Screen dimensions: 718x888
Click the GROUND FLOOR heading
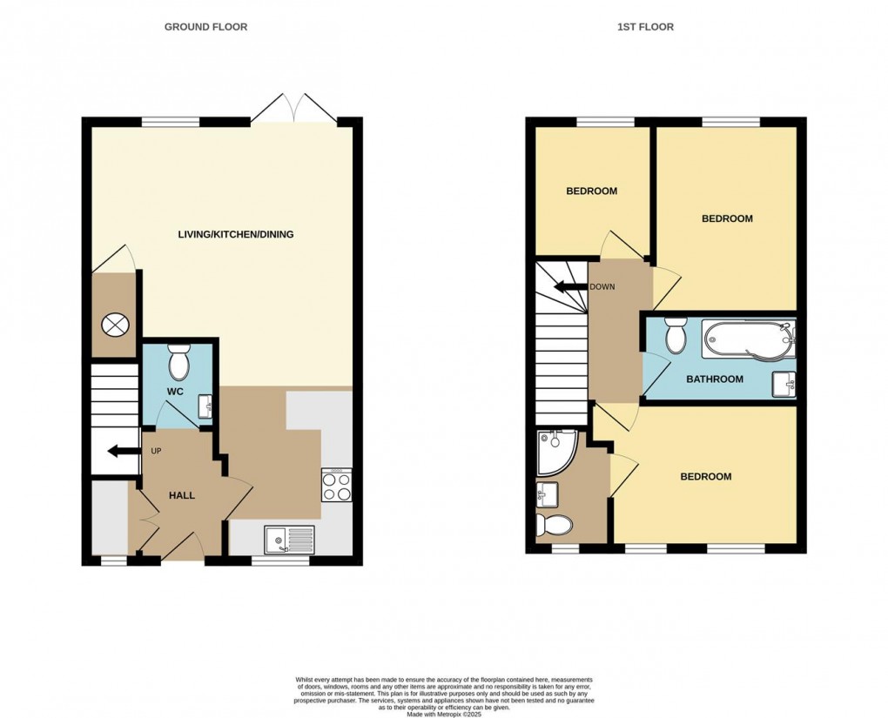pos(205,27)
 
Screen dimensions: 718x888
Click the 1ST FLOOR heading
pos(645,27)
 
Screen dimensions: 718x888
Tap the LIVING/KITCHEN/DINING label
pos(236,234)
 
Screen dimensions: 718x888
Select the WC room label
pos(178,392)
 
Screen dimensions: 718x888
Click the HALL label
pos(181,495)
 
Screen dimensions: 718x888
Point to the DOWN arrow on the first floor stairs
pos(571,287)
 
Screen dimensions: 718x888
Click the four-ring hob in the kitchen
pos(337,486)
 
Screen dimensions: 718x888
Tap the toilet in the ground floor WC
pos(178,362)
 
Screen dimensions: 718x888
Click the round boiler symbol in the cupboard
pos(114,325)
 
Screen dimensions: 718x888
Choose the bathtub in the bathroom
pos(748,338)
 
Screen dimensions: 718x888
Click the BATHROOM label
pos(715,379)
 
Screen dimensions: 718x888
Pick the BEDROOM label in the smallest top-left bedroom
pos(591,191)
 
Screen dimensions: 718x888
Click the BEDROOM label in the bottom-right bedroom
pos(705,477)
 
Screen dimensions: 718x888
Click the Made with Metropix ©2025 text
pos(443,707)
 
